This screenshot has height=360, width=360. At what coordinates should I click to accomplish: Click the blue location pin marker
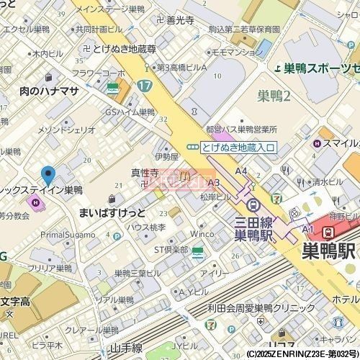pyautogui.click(x=48, y=174)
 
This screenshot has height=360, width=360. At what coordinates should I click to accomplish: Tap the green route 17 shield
pyautogui.click(x=145, y=86)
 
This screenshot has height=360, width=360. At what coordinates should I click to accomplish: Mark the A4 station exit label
pyautogui.click(x=240, y=171)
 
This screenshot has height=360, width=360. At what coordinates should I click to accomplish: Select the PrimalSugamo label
pyautogui.click(x=68, y=235)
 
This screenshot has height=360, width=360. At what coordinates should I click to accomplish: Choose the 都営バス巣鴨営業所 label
pyautogui.click(x=240, y=130)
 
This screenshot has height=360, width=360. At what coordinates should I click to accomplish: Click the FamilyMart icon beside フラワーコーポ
pyautogui.click(x=113, y=88)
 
